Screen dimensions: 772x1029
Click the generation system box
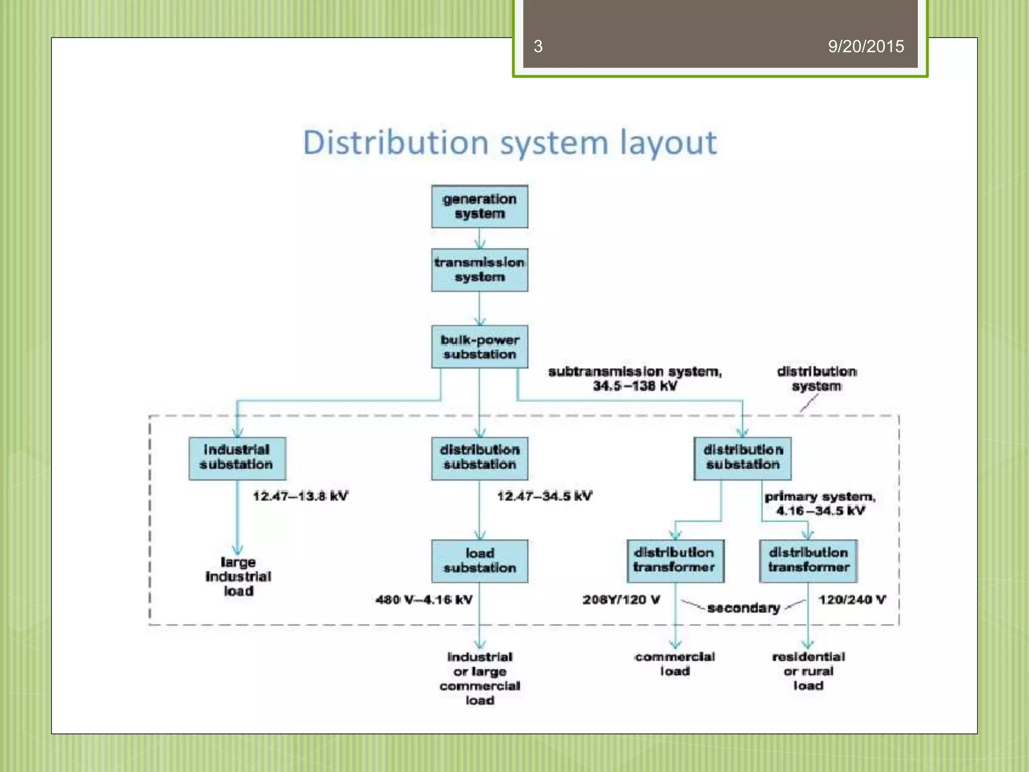(x=479, y=207)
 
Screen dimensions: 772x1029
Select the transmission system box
(x=479, y=270)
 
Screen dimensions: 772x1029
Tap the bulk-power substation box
(x=479, y=347)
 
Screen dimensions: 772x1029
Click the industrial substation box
(x=237, y=458)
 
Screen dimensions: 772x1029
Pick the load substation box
(x=479, y=561)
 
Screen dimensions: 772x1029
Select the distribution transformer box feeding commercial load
(x=675, y=561)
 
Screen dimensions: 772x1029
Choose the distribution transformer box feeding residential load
(x=808, y=561)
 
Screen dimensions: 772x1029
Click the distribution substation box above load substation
(x=479, y=458)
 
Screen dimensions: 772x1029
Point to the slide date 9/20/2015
(x=866, y=47)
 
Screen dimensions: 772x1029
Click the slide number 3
(x=538, y=47)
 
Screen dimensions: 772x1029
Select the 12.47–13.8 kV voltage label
(x=300, y=497)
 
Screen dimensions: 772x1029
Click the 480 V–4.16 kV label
(x=424, y=600)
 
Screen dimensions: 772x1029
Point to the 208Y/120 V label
(x=621, y=600)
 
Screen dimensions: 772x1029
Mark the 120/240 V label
(x=852, y=600)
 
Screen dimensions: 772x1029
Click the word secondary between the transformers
(x=743, y=608)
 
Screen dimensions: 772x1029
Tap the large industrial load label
(x=238, y=576)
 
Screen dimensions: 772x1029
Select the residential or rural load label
(x=808, y=671)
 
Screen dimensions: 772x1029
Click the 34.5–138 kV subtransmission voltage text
(x=635, y=387)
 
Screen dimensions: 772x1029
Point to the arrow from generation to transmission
(x=479, y=239)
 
